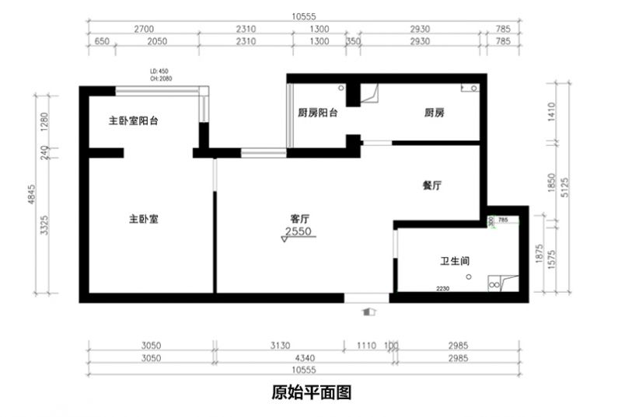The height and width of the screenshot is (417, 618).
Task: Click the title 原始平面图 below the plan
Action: coord(312,392)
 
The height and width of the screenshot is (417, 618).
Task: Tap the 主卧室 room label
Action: coord(144,220)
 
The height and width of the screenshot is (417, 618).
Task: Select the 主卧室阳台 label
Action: coord(134,121)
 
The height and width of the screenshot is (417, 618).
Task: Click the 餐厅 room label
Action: coord(432,186)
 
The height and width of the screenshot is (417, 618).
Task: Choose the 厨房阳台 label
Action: coord(318,113)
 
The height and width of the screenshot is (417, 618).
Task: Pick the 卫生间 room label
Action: coord(455,262)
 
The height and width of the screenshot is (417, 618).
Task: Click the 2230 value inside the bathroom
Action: coord(443,288)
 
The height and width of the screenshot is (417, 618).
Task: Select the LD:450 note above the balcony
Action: coord(159,70)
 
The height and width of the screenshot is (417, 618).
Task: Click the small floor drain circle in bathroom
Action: coord(469,276)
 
